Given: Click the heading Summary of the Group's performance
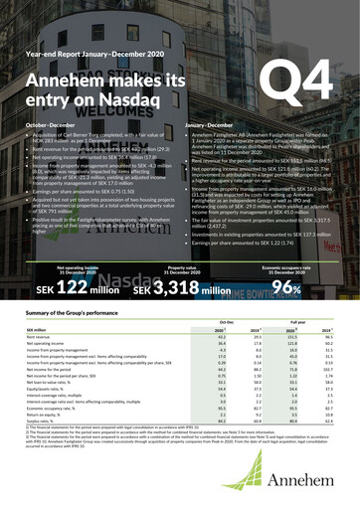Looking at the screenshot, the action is (80, 329).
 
